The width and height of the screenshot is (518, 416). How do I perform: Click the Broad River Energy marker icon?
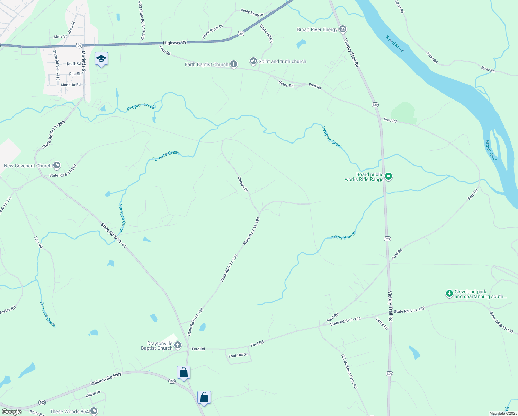coord(343,29)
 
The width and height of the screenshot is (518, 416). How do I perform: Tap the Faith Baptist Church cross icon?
coord(234,64)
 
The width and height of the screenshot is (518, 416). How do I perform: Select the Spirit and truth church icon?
coord(253,61)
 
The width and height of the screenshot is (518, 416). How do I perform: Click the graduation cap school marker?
coord(101,59)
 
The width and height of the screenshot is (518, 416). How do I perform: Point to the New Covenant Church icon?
coord(57,165)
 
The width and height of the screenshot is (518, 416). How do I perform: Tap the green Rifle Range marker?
coord(388,176)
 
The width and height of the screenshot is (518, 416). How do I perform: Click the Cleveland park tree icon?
coord(449,294)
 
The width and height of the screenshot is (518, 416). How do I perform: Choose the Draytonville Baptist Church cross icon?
coord(177,345)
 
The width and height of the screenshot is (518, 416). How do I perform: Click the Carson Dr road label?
coord(243,184)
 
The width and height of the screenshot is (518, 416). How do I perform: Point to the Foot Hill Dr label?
coord(238,355)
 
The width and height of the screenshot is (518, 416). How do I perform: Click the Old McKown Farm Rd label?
coord(349,371)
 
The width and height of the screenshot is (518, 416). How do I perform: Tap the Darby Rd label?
coord(382,323)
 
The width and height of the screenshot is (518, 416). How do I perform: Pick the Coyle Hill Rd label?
coord(266,33)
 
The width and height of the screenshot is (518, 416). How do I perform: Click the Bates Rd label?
coord(286,84)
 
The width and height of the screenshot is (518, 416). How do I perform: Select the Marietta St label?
coord(83,63)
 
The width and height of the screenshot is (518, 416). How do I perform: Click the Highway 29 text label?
coord(175,43)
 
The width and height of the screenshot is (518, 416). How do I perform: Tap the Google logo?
coord(11,412)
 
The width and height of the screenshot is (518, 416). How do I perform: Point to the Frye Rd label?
coord(38,242)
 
